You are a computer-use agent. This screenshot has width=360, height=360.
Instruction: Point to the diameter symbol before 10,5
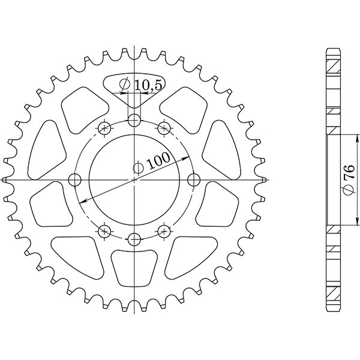coord(125,85)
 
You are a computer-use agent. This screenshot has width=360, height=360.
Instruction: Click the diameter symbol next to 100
coord(137,168)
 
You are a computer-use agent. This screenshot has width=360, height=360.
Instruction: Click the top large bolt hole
coord(134,120)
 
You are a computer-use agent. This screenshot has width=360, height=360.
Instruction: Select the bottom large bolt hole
coord(134,239)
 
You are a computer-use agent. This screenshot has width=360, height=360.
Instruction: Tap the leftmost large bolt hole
coord(74,179)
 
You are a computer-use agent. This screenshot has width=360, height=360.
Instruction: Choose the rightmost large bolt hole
coord(193,179)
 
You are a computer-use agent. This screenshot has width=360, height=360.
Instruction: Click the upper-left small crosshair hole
coord(104,128)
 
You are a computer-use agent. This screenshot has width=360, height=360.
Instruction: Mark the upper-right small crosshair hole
coord(163,128)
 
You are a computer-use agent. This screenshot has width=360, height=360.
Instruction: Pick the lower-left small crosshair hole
coord(104,231)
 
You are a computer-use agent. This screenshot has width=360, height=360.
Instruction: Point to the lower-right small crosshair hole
coord(163,231)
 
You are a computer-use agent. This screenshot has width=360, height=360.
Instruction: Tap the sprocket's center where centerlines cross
coord(134,179)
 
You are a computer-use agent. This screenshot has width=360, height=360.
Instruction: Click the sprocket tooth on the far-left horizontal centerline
coord(6,179)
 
